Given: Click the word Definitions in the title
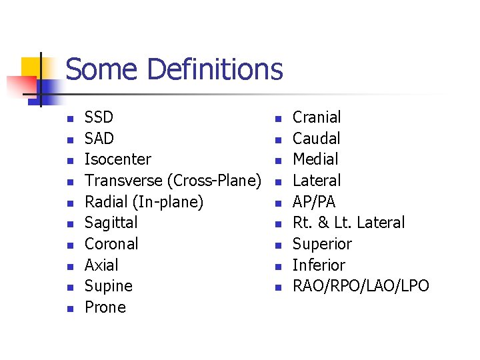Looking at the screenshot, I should click(215, 69).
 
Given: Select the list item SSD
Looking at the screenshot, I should click(99, 117).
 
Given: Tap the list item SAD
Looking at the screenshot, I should click(99, 139).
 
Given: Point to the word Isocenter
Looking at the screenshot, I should click(118, 159).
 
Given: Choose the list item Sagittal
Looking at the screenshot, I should click(111, 223).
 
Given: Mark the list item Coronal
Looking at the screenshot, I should click(111, 244).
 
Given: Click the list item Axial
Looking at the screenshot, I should click(101, 265).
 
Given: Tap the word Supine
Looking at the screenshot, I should click(109, 287).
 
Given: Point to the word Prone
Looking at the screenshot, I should click(105, 307).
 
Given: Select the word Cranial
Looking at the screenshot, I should click(317, 117).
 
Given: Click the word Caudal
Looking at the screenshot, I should click(317, 139).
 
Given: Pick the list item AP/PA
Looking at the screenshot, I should click(314, 202).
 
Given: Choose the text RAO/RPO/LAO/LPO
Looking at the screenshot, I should click(361, 287).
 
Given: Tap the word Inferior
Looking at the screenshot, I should click(319, 265).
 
